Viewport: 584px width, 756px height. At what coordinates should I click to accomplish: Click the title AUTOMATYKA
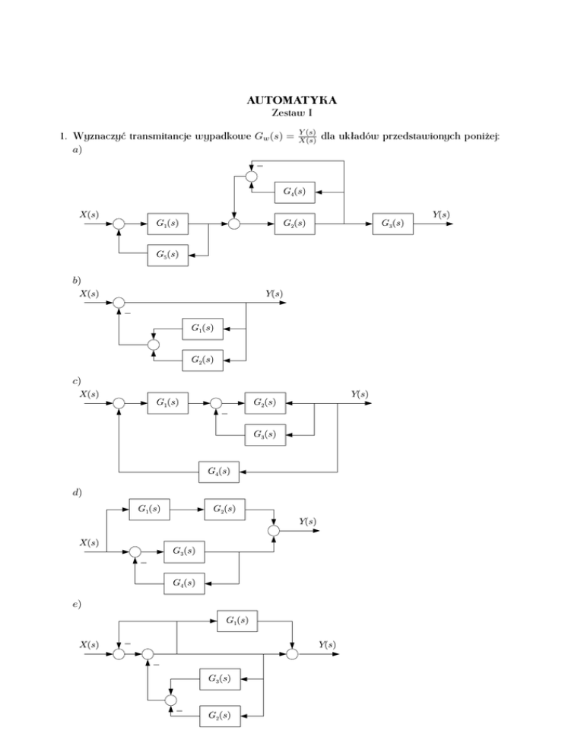[x=292, y=100]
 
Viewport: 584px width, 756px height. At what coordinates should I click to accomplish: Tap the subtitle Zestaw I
[x=292, y=113]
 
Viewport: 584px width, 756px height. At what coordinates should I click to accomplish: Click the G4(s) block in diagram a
[x=294, y=192]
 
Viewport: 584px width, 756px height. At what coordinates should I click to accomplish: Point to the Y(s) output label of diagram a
[x=440, y=214]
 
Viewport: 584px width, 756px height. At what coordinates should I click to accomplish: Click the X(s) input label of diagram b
[x=89, y=294]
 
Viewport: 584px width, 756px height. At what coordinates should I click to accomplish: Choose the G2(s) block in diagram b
[x=202, y=359]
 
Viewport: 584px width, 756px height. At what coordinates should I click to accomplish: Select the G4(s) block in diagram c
[x=219, y=472]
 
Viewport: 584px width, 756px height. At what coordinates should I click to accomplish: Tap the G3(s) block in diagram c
[x=265, y=435]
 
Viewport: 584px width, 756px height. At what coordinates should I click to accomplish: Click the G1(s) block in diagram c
[x=167, y=402]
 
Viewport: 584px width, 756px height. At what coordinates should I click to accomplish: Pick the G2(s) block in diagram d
[x=224, y=508]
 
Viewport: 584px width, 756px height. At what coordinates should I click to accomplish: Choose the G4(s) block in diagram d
[x=184, y=584]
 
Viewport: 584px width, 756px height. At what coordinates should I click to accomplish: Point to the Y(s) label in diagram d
[x=308, y=522]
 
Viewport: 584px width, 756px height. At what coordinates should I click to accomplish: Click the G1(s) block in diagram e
[x=236, y=621]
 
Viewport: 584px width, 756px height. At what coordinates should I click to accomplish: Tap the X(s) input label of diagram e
[x=89, y=645]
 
